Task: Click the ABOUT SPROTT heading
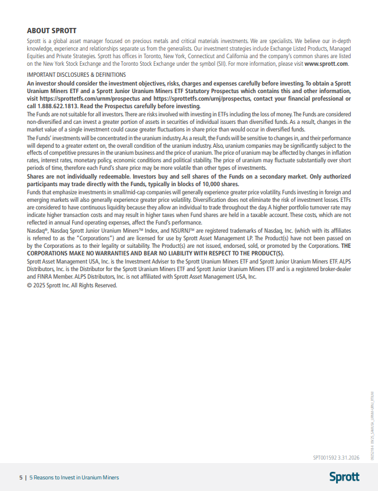pos(52,30)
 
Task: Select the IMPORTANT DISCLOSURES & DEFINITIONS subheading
pos(76,74)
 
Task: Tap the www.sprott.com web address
pos(326,63)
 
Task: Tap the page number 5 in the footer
pos(20,478)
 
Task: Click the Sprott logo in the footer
pos(344,477)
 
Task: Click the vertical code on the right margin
pos(370,422)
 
